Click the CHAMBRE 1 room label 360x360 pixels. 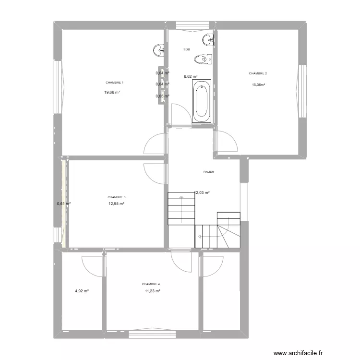click(x=115, y=83)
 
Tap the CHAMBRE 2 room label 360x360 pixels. click(x=258, y=73)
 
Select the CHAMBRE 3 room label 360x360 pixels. click(x=117, y=197)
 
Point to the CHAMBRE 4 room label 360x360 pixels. click(x=151, y=284)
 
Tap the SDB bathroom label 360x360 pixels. click(x=186, y=49)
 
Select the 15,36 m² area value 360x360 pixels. click(x=259, y=84)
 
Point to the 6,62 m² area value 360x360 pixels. click(x=191, y=76)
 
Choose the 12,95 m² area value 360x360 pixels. click(x=117, y=204)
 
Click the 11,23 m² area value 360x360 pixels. click(x=152, y=291)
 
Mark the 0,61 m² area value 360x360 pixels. click(x=64, y=204)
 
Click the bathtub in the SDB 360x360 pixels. click(x=201, y=101)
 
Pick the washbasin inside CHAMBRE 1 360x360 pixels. click(x=159, y=49)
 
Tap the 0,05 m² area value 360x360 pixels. click(x=163, y=96)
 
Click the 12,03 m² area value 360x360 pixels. click(x=202, y=193)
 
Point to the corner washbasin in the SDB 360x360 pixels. click(x=208, y=39)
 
